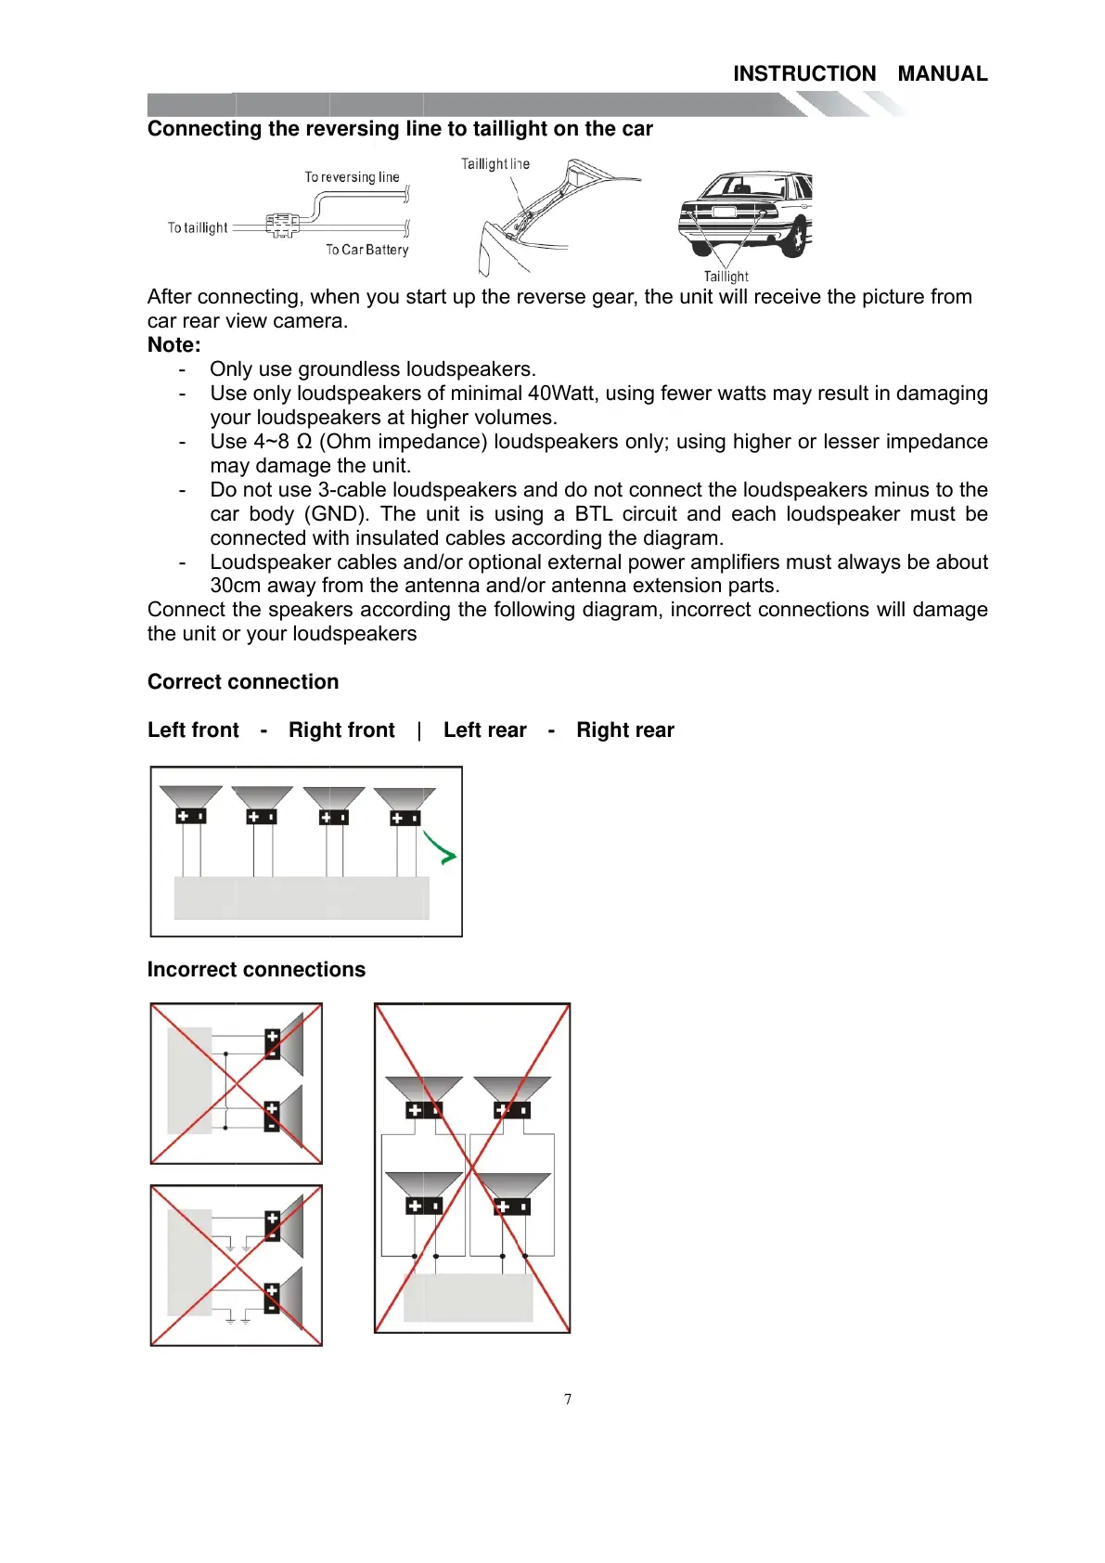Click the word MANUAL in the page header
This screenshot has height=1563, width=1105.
[x=942, y=74]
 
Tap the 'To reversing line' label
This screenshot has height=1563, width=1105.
[x=352, y=177]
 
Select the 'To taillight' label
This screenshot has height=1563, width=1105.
[x=198, y=227]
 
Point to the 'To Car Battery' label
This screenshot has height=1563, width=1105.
[x=366, y=250]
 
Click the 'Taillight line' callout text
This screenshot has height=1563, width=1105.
[x=495, y=164]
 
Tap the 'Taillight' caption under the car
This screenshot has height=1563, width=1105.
[x=726, y=277]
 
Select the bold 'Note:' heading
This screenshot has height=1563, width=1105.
[x=174, y=345]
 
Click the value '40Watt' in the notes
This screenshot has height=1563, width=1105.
[x=561, y=394]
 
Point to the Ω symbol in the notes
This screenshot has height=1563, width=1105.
[x=303, y=442]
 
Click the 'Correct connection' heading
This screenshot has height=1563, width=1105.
[x=243, y=682]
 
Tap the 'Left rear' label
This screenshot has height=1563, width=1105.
[x=484, y=730]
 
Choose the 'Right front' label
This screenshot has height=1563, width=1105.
[x=341, y=730]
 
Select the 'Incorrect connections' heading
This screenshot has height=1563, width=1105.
[x=256, y=970]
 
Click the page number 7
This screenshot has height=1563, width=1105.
[x=568, y=1400]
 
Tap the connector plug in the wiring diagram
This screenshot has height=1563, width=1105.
[x=282, y=225]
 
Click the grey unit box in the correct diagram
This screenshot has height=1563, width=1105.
[x=302, y=898]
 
